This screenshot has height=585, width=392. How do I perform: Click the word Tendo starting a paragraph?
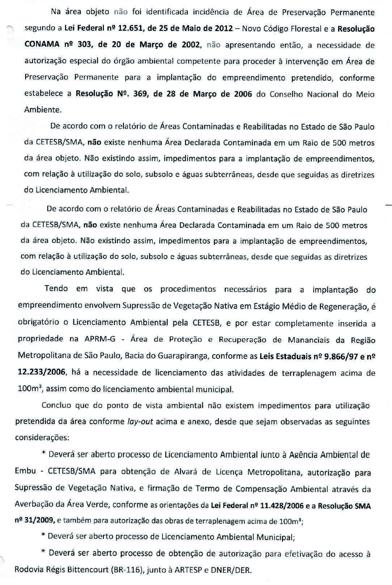coord(56,289)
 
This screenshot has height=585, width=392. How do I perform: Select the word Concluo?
coord(56,405)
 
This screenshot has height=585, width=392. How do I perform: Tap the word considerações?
coord(42,437)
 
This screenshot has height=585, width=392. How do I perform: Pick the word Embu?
coord(25,471)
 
